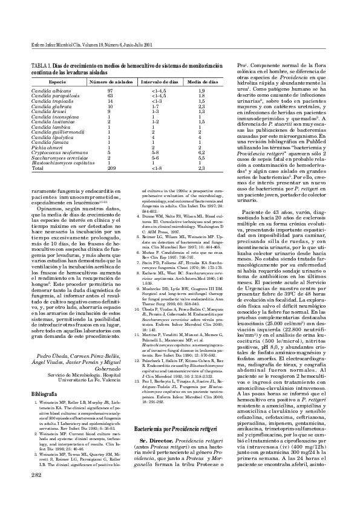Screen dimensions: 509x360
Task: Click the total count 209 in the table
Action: click(x=111, y=169)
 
